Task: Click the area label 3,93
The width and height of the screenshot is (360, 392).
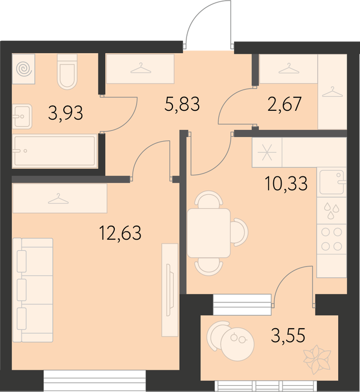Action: (66, 113)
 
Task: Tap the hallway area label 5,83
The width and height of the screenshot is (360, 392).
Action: (183, 104)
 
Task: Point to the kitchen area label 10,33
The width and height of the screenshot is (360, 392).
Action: (286, 183)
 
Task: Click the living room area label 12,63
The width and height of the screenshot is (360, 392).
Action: (120, 233)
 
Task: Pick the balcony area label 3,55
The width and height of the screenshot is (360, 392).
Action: (288, 335)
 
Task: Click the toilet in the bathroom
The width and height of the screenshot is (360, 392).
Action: (67, 72)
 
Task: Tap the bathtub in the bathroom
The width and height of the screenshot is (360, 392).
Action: (54, 151)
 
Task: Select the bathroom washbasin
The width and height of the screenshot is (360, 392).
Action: (22, 116)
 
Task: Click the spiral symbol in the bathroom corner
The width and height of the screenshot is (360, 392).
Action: (24, 69)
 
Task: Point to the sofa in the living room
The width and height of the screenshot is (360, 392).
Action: (32, 290)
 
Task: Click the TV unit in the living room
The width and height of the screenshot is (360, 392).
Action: (170, 290)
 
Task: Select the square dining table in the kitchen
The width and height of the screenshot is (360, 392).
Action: (209, 233)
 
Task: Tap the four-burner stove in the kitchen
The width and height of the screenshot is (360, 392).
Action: (331, 239)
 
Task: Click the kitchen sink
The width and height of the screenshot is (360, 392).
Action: (332, 182)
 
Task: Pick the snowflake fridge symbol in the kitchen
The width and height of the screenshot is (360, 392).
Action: (267, 152)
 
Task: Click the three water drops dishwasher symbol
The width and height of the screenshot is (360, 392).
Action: (331, 211)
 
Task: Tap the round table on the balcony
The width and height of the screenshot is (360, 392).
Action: (237, 344)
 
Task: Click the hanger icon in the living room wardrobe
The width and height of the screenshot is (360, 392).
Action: (58, 199)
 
